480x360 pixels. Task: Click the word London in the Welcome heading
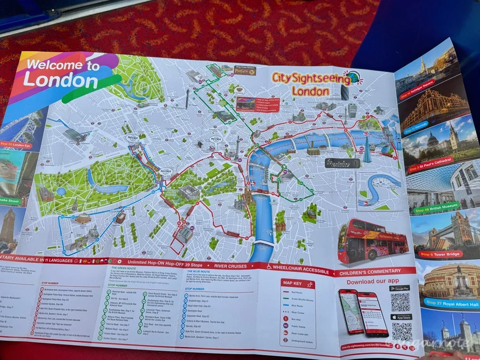click(x=60, y=81)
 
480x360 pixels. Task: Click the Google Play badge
click(x=400, y=289)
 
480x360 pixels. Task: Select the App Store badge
click(x=401, y=317)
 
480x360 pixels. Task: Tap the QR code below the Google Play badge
click(x=401, y=302)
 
